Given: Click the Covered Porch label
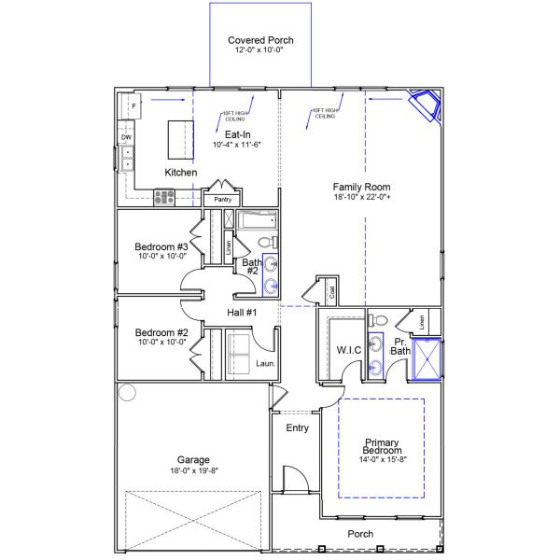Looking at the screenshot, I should tap(260, 40).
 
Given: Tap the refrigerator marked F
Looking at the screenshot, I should tap(133, 106).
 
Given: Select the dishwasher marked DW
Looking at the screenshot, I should tap(126, 137).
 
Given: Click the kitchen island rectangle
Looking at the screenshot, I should tap(180, 140).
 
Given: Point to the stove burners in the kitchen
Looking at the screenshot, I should tap(165, 197).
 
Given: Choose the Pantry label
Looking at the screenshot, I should tap(222, 200).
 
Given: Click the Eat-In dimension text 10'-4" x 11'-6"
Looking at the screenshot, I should tap(236, 145).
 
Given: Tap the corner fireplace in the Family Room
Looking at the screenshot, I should tap(429, 105).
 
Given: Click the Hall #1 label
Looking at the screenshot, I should tap(241, 312).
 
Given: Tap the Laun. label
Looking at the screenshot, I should tap(265, 363).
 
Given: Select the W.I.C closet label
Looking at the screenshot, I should tap(349, 350).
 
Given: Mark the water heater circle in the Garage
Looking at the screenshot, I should tap(127, 392).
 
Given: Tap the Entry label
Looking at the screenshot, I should tap(297, 428).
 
